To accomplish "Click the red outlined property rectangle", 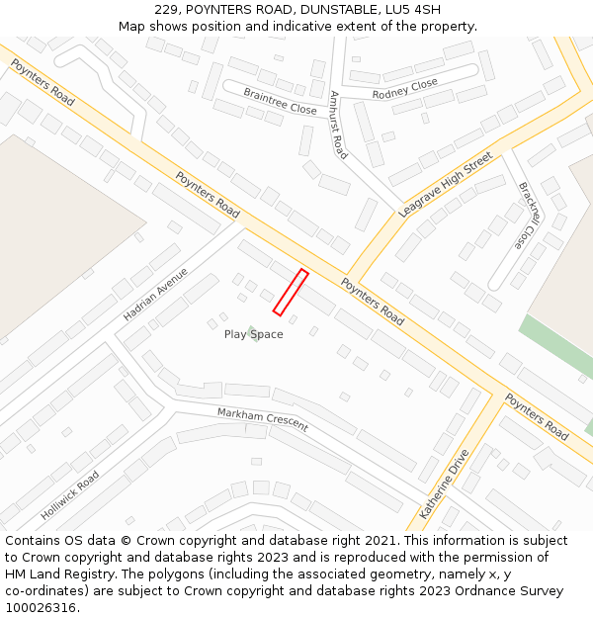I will point(291,293).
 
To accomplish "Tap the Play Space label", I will point(254,334).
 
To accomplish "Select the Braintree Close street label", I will point(280,102).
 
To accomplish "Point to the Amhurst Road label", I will point(338,126).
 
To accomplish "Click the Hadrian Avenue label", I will point(155,294).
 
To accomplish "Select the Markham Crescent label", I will point(263,419).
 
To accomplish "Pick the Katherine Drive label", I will point(444,484).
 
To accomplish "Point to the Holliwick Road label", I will point(70,495).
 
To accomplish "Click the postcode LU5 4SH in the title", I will point(415,10).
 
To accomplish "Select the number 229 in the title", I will point(166,10).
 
